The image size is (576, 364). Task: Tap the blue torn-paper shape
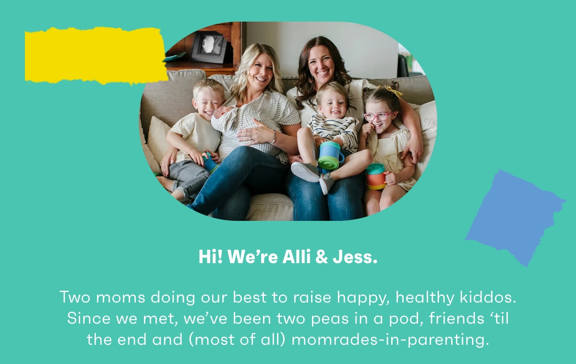[514, 218]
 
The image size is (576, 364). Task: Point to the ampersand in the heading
[322, 257]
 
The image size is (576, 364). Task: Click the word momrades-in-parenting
[390, 340]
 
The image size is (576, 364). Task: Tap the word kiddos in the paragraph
[488, 297]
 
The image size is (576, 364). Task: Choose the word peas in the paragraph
[330, 319]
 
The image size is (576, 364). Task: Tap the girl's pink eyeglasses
[380, 116]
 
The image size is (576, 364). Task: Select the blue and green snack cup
[330, 156]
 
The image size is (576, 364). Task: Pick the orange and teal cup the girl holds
[376, 176]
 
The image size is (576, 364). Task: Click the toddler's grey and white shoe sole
[305, 172]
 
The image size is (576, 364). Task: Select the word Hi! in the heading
[210, 257]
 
